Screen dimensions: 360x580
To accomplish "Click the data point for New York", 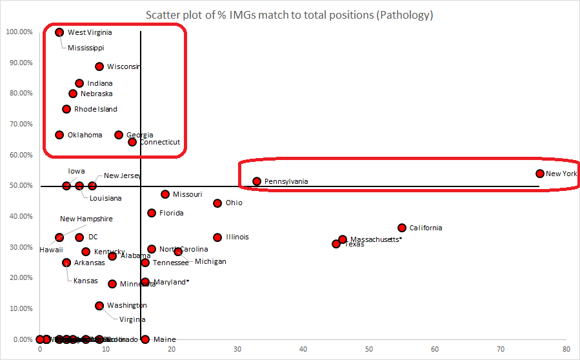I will click(540, 174).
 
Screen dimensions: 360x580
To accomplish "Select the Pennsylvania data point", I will click(257, 181).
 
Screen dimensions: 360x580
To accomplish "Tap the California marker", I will click(402, 228).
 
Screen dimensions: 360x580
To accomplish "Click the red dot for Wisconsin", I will click(99, 66).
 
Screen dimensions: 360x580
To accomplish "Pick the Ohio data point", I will click(217, 203).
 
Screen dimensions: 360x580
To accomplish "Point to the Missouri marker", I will click(165, 194).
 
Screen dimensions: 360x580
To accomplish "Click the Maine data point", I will click(145, 339).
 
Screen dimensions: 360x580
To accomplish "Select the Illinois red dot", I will click(217, 237).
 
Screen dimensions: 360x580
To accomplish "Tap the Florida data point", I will click(152, 213).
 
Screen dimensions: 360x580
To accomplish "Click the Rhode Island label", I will click(95, 110).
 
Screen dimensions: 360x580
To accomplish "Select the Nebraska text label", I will click(96, 94).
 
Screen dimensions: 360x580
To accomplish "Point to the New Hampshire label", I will click(86, 219).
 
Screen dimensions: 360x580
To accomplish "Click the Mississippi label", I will click(86, 48).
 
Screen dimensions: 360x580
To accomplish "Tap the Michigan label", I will click(210, 262).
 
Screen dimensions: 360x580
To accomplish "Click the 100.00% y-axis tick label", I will click(19, 32).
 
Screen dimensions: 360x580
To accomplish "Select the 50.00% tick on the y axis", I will click(20, 186).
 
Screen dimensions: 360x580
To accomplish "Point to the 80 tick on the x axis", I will click(566, 350).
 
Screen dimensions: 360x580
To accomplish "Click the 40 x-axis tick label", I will click(303, 350).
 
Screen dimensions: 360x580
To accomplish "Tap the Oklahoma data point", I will click(59, 135).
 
